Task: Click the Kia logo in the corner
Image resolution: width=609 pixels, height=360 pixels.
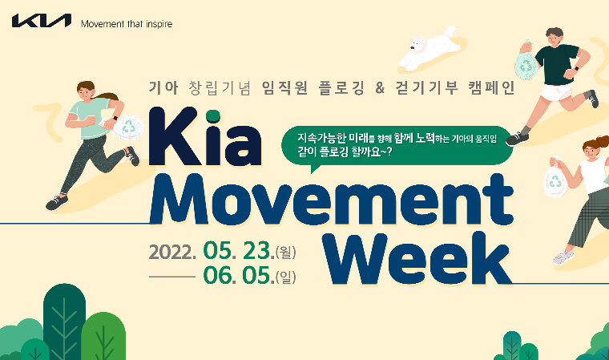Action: [x=42, y=21]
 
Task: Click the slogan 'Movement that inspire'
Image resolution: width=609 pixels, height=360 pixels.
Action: [x=127, y=24]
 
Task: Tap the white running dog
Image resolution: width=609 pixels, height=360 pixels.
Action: [x=430, y=48]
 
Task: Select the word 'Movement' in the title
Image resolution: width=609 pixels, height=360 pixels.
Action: [x=331, y=200]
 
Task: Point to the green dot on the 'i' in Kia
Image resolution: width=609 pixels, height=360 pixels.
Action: [x=213, y=115]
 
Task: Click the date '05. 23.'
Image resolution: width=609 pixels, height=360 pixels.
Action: [x=238, y=250]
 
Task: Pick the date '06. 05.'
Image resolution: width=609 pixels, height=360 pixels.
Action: [x=238, y=275]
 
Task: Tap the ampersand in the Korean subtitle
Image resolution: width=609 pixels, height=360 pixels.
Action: [x=380, y=88]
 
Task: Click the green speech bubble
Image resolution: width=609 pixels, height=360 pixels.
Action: [x=397, y=147]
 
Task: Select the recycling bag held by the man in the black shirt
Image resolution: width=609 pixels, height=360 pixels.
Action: [x=526, y=64]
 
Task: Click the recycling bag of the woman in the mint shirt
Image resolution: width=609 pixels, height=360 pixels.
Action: [x=127, y=127]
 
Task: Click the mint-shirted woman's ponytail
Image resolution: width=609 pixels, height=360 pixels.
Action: [x=107, y=95]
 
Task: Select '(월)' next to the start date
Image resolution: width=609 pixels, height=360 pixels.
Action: [x=285, y=253]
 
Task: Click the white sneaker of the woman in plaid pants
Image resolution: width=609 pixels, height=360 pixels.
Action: [x=563, y=257]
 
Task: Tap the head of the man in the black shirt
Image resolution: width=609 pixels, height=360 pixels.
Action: [x=554, y=37]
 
